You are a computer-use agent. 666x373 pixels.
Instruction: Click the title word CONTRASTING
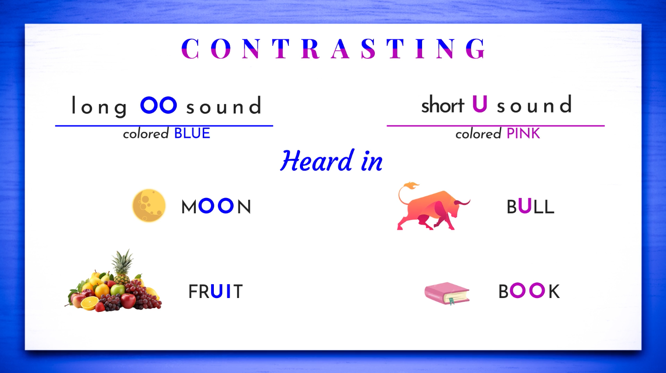coord(333,49)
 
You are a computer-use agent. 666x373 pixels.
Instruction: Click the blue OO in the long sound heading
coord(158,105)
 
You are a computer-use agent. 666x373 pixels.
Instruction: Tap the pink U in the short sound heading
coord(479,104)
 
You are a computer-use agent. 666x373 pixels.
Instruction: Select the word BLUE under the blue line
coord(192,133)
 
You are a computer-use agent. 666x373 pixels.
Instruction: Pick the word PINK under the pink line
coord(523,133)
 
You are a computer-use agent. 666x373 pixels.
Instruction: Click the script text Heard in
coord(331,161)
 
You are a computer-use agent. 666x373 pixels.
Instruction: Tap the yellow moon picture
coord(149,205)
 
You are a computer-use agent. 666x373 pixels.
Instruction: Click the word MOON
coord(216,206)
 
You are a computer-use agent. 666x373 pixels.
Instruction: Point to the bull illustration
coord(433,206)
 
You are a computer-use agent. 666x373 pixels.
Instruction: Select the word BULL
coord(530,206)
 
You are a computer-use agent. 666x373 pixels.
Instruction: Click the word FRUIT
coord(216,291)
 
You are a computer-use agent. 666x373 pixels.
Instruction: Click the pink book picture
coord(447,293)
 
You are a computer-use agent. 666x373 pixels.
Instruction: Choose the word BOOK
coord(529,291)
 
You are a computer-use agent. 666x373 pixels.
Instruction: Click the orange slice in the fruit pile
coord(89,303)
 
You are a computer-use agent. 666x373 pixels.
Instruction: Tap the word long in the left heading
coord(100,106)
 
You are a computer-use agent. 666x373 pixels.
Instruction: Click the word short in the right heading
coord(442,105)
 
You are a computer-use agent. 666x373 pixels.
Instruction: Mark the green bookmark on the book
coord(452,301)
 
